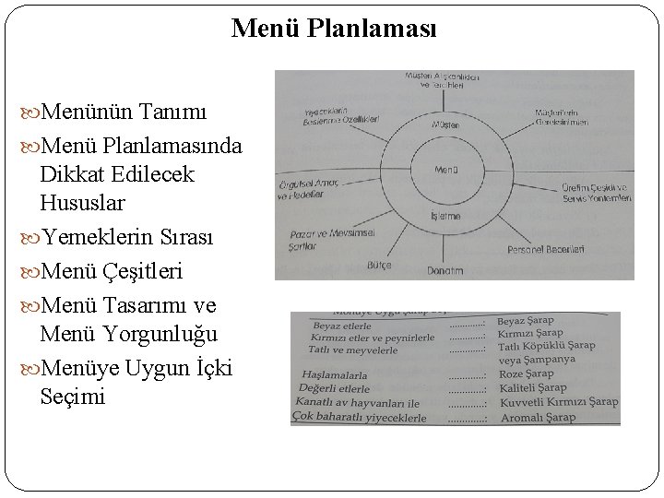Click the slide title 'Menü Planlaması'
[x=335, y=29]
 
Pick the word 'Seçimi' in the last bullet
[x=74, y=397]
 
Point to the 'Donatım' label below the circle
[x=445, y=271]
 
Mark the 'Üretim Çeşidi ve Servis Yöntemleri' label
[x=596, y=193]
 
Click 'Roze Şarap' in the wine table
[x=526, y=373]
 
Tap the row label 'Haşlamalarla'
[x=335, y=375]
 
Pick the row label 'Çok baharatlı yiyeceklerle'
[x=359, y=418]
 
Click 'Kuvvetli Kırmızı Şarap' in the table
[x=557, y=403]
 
